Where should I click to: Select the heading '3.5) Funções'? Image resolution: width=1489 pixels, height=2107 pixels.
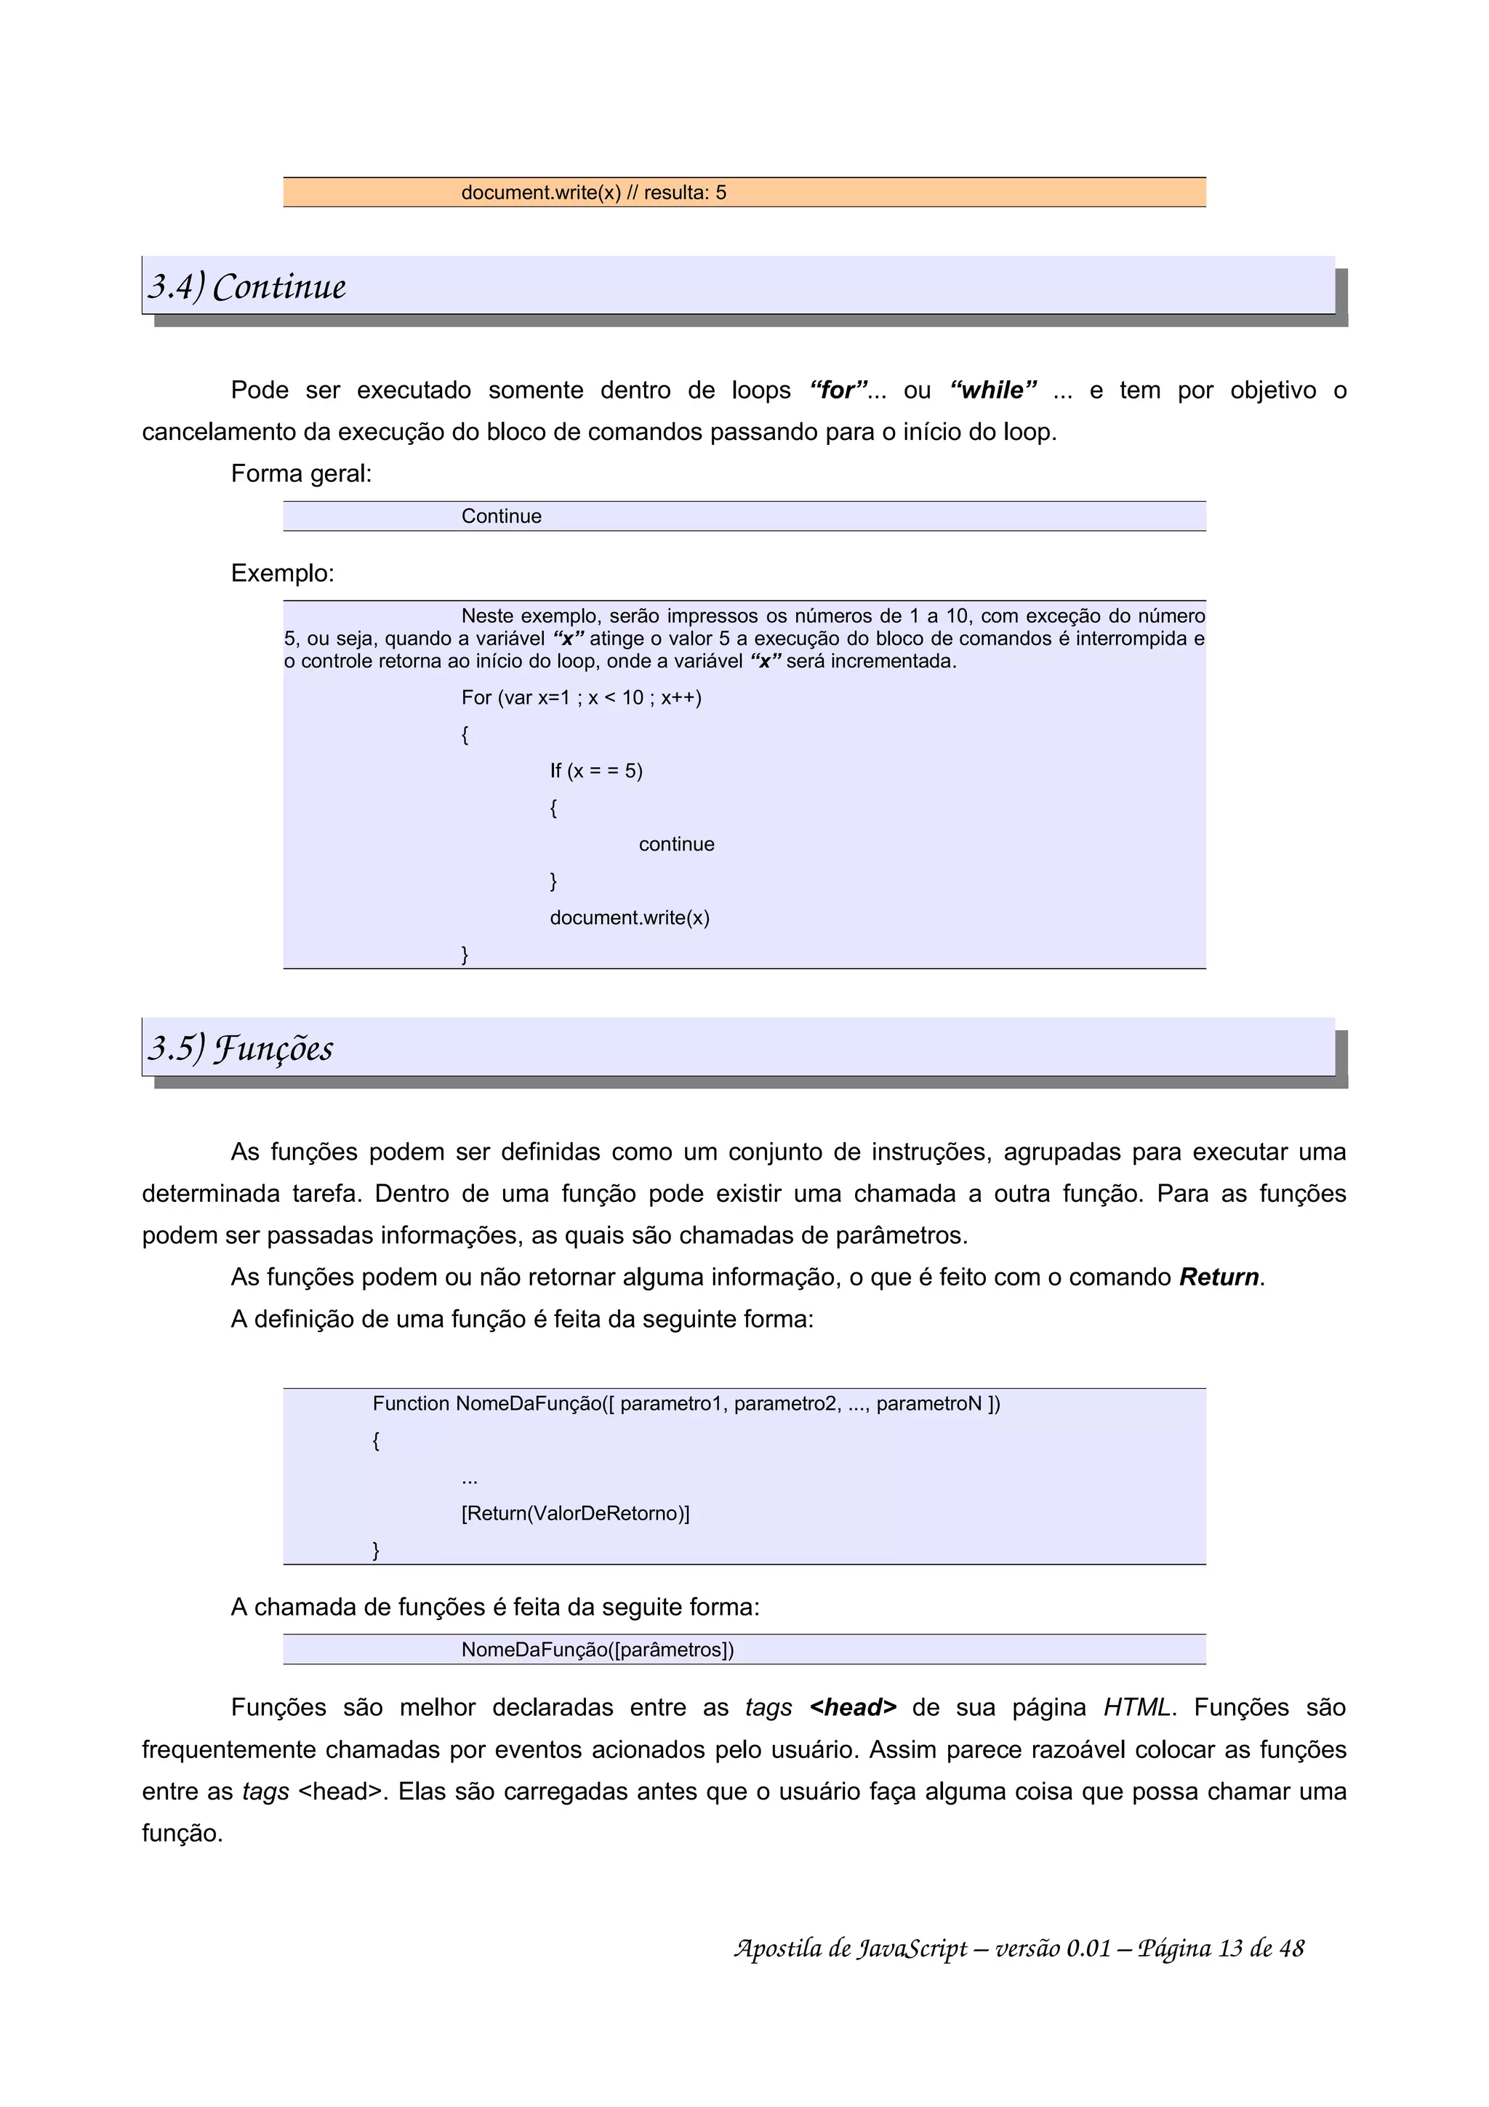click(x=241, y=1048)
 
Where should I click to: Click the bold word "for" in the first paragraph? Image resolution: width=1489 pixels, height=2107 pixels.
click(x=838, y=390)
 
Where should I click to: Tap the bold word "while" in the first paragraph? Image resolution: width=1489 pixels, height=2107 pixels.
click(x=992, y=390)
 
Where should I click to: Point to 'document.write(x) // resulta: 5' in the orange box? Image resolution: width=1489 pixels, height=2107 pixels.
click(x=593, y=193)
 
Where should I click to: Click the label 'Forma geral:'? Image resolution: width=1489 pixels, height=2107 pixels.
click(x=301, y=473)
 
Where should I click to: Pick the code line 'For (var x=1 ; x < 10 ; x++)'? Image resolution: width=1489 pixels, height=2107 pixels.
click(x=581, y=697)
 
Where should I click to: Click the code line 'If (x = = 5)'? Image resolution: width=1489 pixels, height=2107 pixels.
click(x=595, y=771)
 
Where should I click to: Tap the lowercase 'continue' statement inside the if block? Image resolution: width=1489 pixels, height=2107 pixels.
click(x=676, y=844)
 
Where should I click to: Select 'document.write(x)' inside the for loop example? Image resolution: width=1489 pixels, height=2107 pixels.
click(x=630, y=918)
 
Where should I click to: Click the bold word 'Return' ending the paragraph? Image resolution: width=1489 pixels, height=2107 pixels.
click(x=1219, y=1277)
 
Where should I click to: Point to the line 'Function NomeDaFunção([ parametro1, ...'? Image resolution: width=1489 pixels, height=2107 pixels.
click(x=686, y=1404)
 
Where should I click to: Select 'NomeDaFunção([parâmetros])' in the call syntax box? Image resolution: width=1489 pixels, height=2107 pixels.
click(x=597, y=1650)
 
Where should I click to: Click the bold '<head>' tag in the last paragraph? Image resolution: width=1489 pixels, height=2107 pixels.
click(x=852, y=1708)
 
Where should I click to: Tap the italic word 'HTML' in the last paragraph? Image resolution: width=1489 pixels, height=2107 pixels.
click(x=1136, y=1708)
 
